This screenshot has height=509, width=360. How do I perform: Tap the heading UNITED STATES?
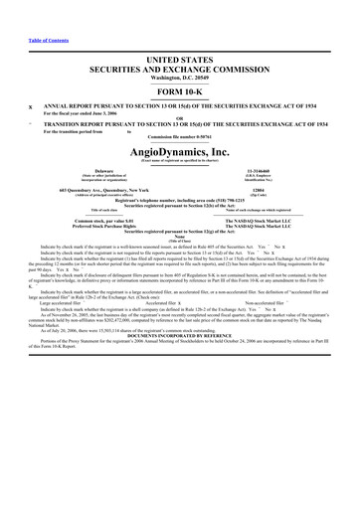tap(179, 33)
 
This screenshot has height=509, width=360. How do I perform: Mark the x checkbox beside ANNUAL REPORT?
tap(34, 83)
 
